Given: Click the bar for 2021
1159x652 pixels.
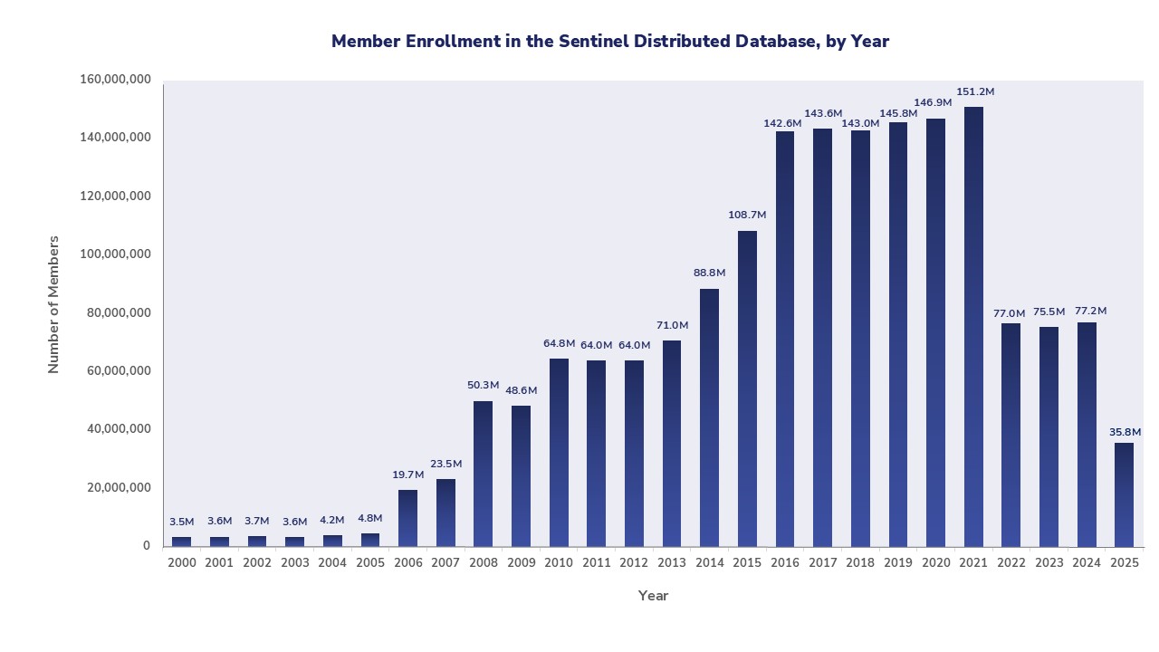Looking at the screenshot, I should point(973,326).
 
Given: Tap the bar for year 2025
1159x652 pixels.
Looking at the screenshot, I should point(1124,494).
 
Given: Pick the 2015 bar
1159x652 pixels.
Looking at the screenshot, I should point(747,388).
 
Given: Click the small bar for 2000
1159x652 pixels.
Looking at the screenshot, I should point(181,542).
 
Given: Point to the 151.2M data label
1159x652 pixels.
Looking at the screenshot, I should point(975,92).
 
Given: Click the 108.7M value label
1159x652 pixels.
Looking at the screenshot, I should point(747,216).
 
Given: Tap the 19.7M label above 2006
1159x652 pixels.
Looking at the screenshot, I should point(407,475).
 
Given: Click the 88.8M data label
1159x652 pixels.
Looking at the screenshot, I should point(709,273).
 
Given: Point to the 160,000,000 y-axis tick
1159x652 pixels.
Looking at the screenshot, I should point(115,80).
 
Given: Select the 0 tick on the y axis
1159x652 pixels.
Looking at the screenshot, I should point(146,546).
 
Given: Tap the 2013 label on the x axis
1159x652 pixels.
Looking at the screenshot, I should point(672,563).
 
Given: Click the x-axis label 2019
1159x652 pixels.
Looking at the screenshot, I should point(898,563).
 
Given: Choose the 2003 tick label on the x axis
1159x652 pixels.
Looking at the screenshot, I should point(294,563).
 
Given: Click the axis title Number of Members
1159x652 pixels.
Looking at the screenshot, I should point(53,304).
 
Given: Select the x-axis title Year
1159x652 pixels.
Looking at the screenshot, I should point(653,596).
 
